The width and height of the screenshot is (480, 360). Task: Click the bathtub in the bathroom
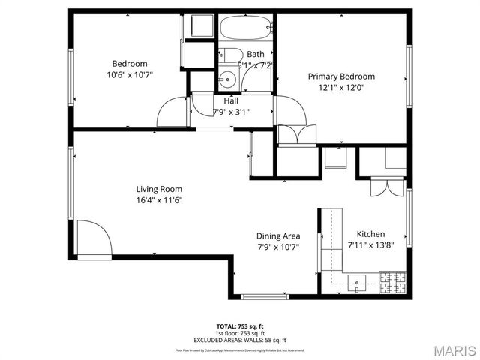tap(246, 28)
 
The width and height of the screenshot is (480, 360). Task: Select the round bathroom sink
tap(225, 79)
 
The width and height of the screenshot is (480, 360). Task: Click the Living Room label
tap(159, 189)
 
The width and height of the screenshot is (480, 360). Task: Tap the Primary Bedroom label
tap(341, 76)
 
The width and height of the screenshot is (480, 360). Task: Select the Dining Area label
tap(278, 235)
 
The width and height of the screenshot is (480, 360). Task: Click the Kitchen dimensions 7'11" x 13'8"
tap(370, 244)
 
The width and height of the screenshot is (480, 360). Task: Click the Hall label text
tap(231, 100)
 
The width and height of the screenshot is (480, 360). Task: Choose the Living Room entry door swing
tap(94, 238)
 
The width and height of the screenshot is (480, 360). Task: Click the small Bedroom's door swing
tap(172, 112)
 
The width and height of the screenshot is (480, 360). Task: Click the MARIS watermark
tap(453, 349)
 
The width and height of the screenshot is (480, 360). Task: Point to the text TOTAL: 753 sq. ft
tap(240, 326)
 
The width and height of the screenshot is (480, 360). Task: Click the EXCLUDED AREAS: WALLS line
tap(240, 339)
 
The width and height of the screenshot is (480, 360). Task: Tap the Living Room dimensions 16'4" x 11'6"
tap(159, 200)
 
